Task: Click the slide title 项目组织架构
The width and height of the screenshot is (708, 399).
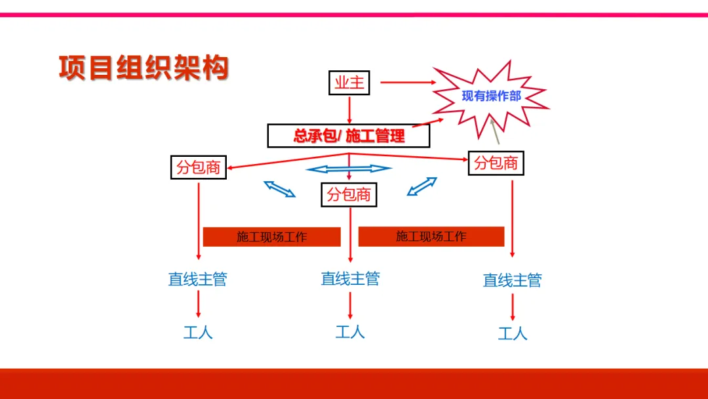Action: pos(144,68)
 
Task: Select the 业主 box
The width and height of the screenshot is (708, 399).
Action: pos(349,83)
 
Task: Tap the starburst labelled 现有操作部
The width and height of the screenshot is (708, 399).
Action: pos(491,96)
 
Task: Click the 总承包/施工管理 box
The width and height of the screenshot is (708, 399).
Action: pos(349,136)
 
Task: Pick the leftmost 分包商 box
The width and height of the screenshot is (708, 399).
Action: pos(198,167)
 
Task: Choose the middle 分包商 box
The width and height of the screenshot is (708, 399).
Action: pos(349,194)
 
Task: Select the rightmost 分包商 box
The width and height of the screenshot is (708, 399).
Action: pos(496,163)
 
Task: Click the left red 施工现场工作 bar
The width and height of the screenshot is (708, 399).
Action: pos(271,237)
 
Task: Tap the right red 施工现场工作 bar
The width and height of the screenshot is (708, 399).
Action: pos(431,236)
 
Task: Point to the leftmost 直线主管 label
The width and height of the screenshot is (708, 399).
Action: pos(198,280)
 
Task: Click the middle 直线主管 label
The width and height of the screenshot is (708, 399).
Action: pos(350,278)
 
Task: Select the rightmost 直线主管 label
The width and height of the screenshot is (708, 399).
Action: pos(513,280)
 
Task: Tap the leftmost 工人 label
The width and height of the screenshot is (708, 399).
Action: pos(198,332)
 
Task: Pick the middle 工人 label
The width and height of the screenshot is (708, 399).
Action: pos(350,331)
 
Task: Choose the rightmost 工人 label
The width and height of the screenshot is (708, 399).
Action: pos(513,333)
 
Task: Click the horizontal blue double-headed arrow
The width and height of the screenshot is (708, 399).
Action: pos(349,169)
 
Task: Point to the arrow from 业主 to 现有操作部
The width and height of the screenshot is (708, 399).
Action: pos(408,83)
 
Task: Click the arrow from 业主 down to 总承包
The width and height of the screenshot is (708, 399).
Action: pos(349,109)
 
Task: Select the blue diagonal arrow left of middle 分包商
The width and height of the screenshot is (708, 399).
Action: pos(280,189)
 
